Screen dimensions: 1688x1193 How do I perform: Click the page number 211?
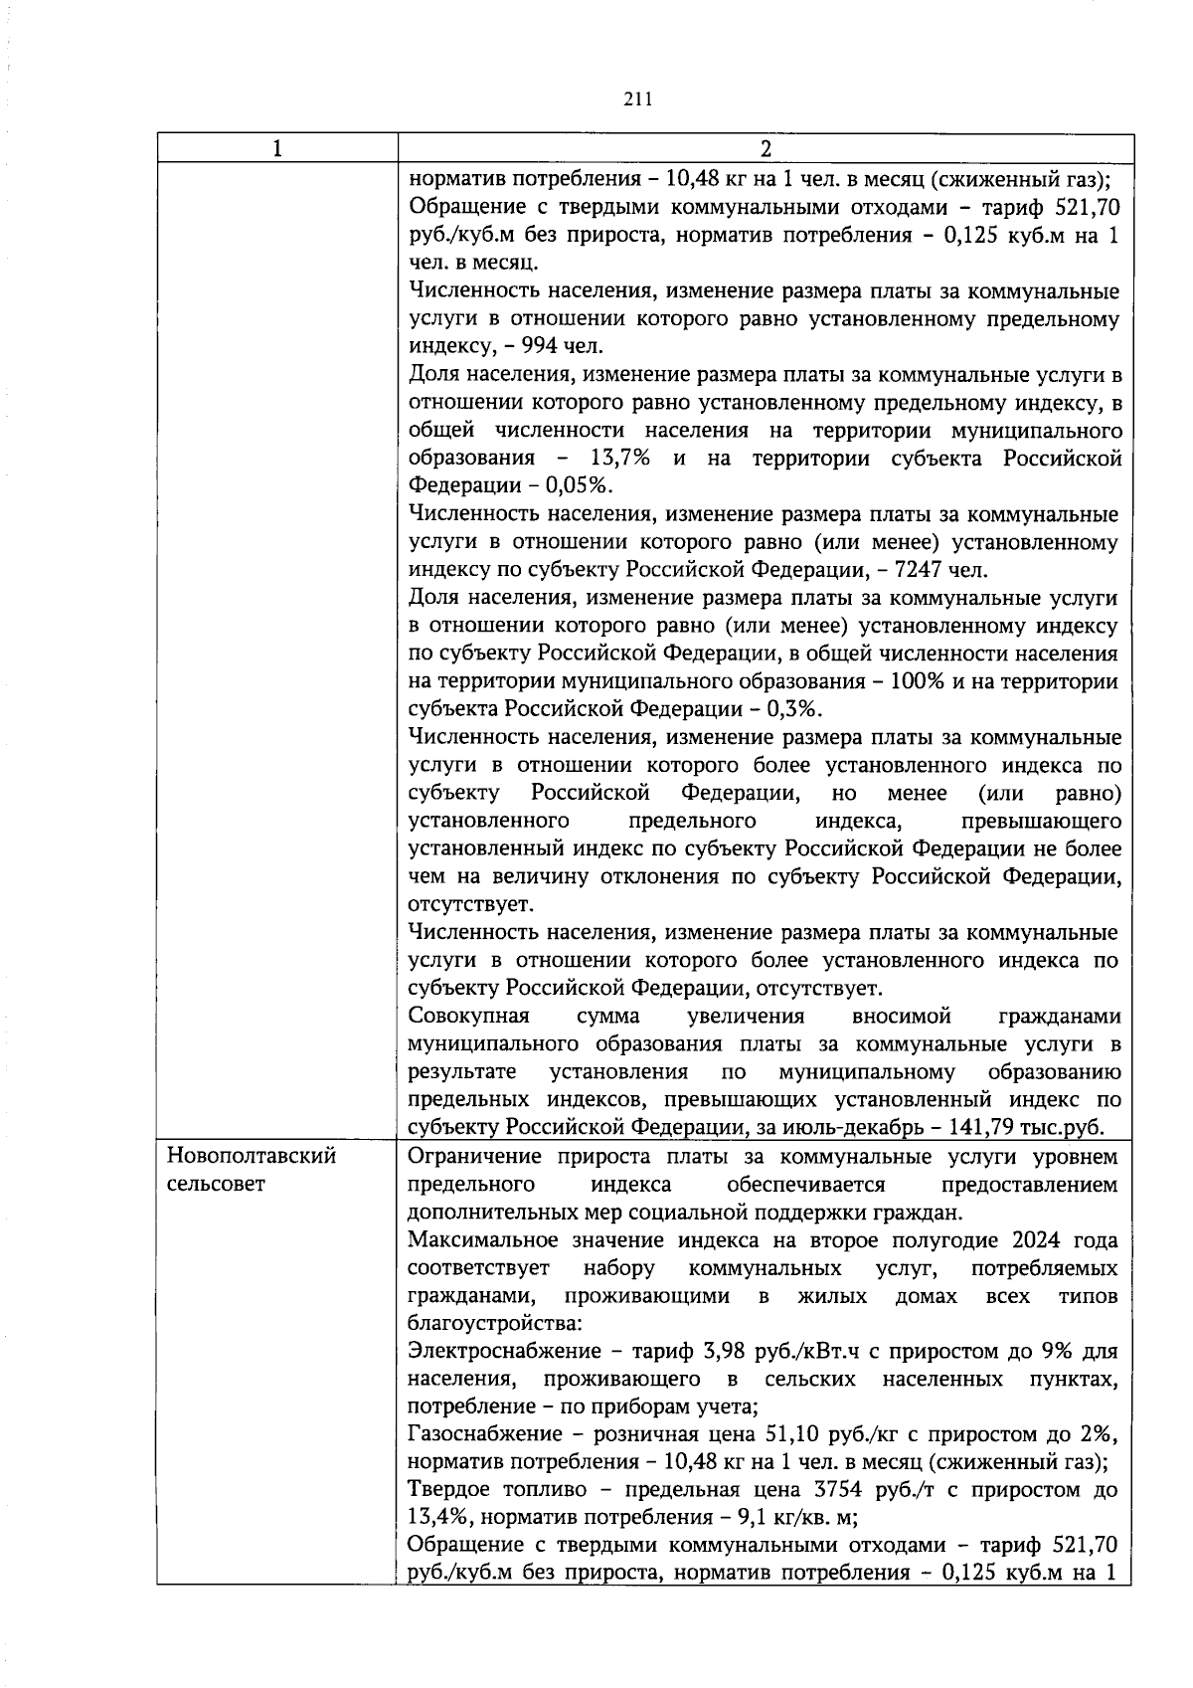pyautogui.click(x=636, y=98)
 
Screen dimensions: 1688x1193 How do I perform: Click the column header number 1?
pyautogui.click(x=276, y=148)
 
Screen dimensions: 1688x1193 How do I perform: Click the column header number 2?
pyautogui.click(x=765, y=148)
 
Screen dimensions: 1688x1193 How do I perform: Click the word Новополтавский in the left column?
pyautogui.click(x=252, y=1157)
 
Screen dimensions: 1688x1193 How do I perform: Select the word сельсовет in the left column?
pyautogui.click(x=216, y=1185)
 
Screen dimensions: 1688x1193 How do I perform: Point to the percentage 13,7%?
pyautogui.click(x=620, y=459)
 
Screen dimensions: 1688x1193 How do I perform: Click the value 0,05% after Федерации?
pyautogui.click(x=580, y=486)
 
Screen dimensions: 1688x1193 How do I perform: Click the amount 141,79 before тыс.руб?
pyautogui.click(x=989, y=1128)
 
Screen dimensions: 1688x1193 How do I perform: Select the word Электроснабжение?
pyautogui.click(x=504, y=1352)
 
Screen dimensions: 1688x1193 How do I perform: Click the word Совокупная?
pyautogui.click(x=468, y=1017)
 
